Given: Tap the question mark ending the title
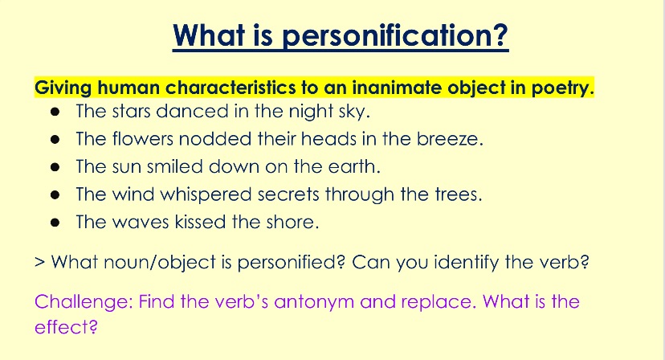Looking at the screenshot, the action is [501, 34].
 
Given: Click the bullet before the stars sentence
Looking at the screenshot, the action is [55, 112].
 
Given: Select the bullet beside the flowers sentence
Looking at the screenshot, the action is [55, 140].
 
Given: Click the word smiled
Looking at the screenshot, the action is [175, 166].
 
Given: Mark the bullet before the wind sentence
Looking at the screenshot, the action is [55, 194].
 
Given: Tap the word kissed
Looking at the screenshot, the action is [200, 222].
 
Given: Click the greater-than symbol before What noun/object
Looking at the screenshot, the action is [40, 262].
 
